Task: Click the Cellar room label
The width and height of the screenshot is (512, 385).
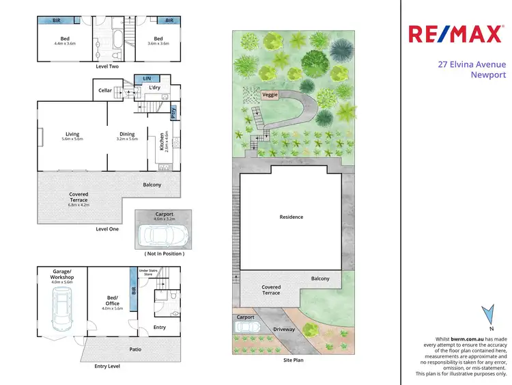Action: (104, 90)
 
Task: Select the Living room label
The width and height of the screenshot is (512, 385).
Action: (72, 134)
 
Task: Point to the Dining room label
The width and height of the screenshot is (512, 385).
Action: (127, 134)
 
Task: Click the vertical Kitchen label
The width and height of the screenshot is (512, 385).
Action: (162, 141)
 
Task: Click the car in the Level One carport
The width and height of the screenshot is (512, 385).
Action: (160, 235)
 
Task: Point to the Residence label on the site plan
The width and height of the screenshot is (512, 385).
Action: (291, 217)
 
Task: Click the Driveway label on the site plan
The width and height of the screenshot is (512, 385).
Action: (284, 330)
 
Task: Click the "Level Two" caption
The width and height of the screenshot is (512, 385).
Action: (107, 67)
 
